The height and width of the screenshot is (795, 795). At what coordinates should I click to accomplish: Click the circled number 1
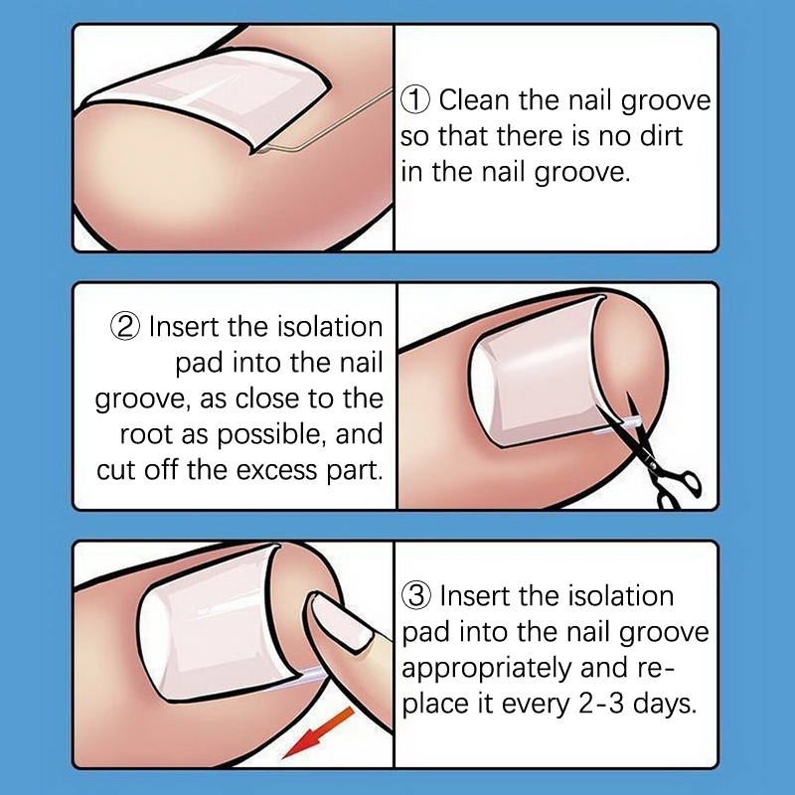[415, 100]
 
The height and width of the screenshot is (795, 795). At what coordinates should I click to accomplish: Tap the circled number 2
[125, 327]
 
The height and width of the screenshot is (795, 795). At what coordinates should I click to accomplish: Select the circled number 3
[416, 595]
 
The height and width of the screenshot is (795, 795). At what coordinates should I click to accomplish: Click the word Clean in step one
[474, 100]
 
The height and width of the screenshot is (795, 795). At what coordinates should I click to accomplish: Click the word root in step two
[146, 434]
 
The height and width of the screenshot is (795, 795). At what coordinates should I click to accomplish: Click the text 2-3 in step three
[601, 704]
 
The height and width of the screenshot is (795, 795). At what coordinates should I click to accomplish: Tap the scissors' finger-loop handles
[681, 490]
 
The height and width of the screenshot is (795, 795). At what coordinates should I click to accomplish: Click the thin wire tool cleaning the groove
[325, 120]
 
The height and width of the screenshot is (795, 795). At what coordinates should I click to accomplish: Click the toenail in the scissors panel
[539, 370]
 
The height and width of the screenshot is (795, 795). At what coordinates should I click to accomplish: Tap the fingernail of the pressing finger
[341, 621]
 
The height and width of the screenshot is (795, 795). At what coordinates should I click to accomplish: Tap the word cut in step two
[117, 470]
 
